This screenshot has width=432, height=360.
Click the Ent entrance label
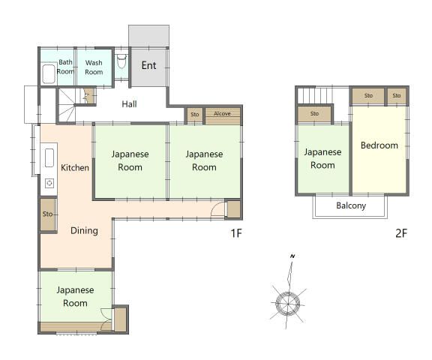click(x=148, y=66)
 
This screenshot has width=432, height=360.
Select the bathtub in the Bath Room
click(x=49, y=73)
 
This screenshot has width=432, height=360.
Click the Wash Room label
click(x=94, y=67)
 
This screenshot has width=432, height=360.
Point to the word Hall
click(x=129, y=103)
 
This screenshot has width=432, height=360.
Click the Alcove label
click(x=223, y=114)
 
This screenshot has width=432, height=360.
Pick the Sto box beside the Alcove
click(x=195, y=115)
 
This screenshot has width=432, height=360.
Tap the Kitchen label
click(x=75, y=167)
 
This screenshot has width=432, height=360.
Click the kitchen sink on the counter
click(x=50, y=158)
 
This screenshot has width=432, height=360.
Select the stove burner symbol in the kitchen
click(x=49, y=182)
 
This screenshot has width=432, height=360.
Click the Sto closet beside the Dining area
click(x=47, y=214)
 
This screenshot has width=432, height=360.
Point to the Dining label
click(x=84, y=230)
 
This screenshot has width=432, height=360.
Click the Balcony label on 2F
click(x=351, y=205)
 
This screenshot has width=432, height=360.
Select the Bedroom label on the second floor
click(x=379, y=145)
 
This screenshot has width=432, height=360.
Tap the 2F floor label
click(x=400, y=233)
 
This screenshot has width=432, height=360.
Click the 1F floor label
click(x=235, y=233)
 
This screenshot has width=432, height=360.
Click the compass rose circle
click(x=287, y=302)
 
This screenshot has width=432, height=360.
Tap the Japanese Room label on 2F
click(x=322, y=158)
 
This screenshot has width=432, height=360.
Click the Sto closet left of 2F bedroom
click(x=314, y=114)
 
